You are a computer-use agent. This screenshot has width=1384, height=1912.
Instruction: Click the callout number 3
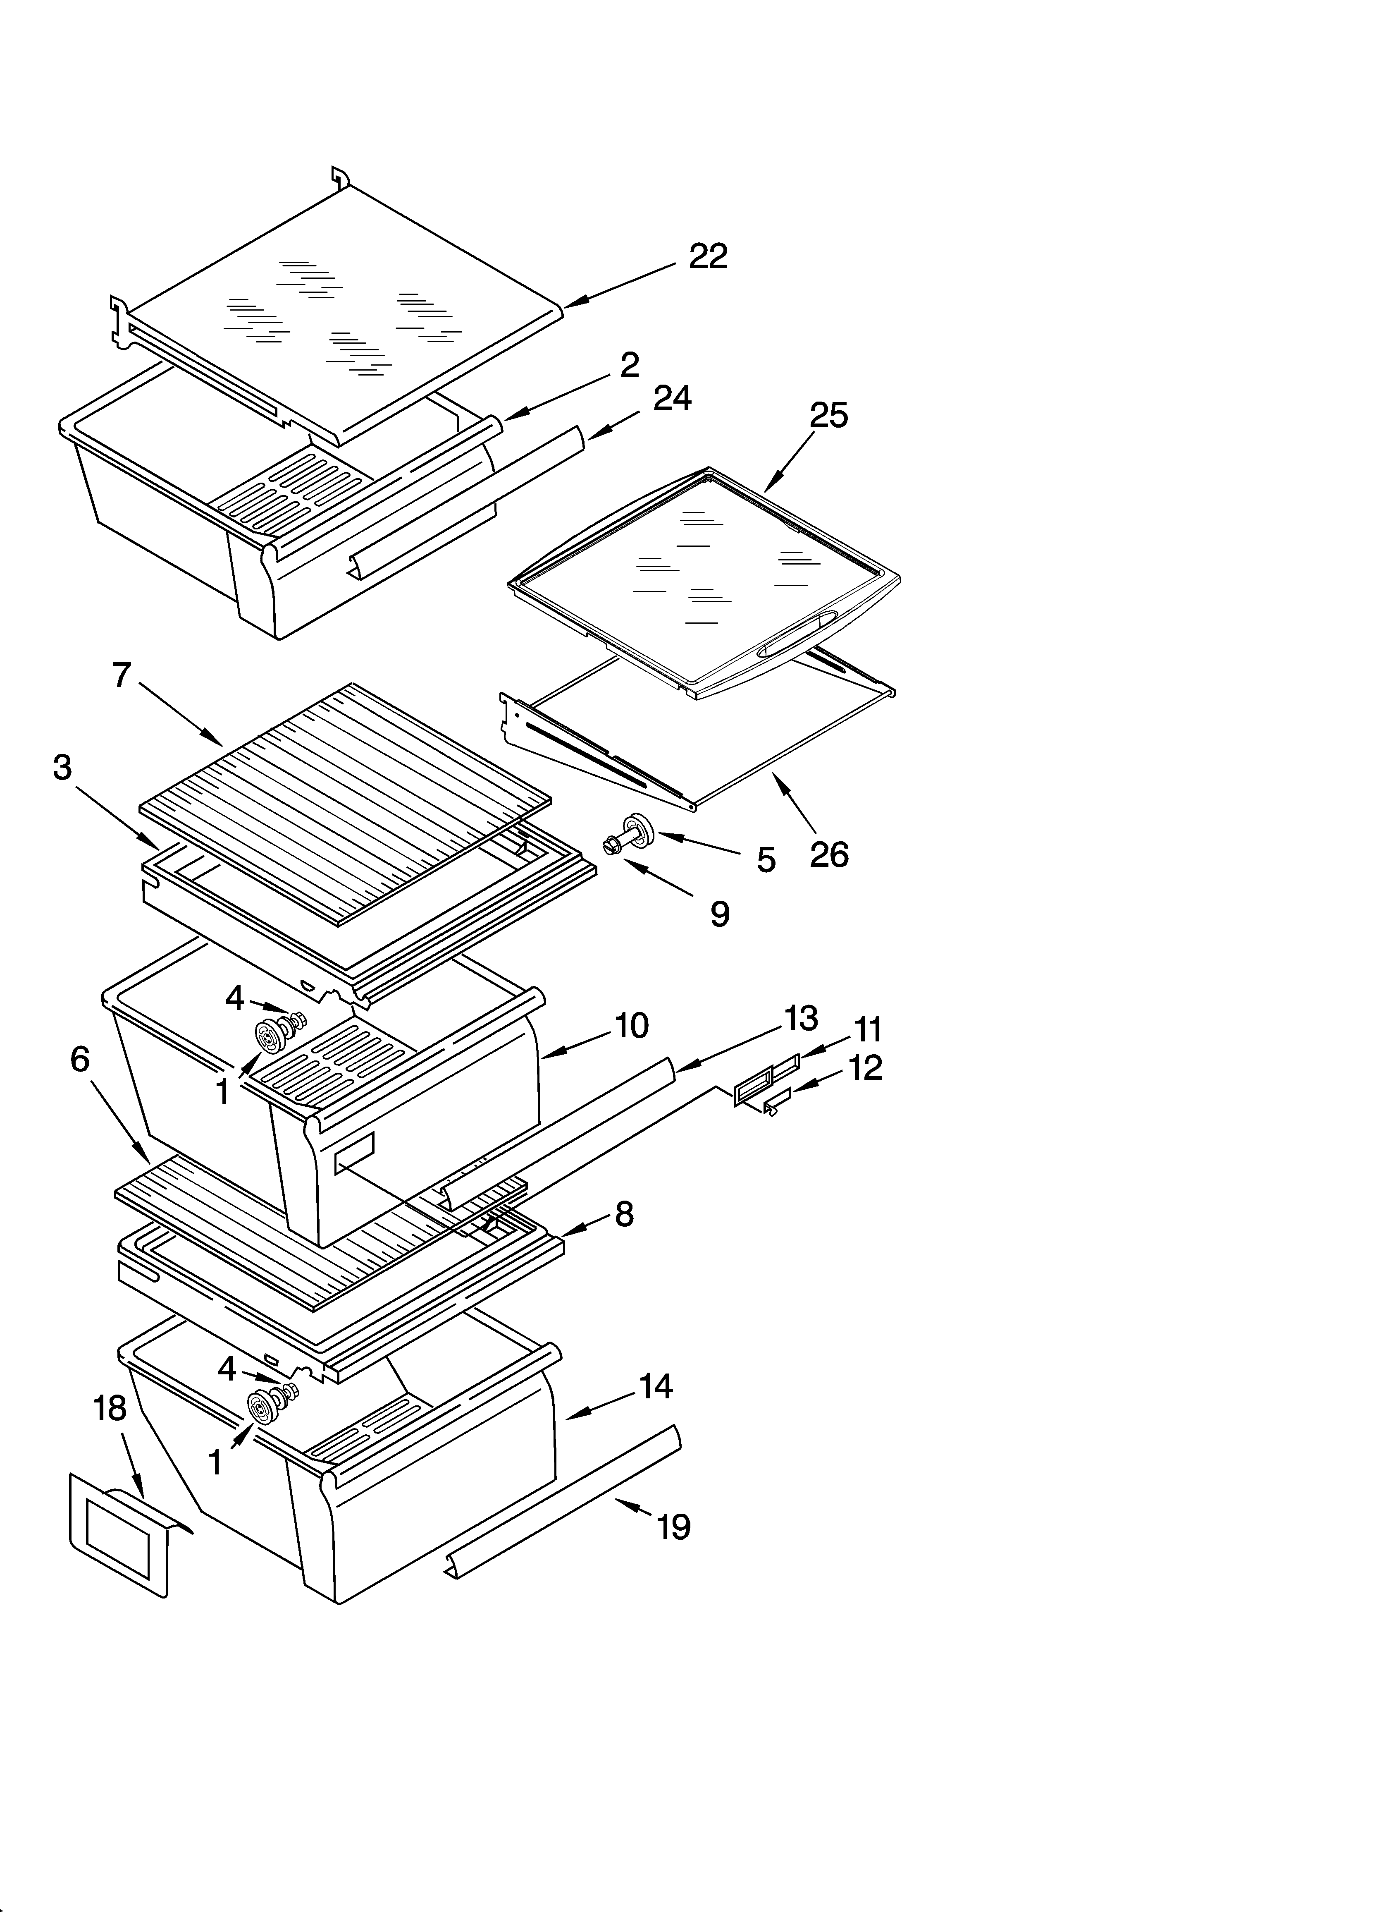click(62, 767)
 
